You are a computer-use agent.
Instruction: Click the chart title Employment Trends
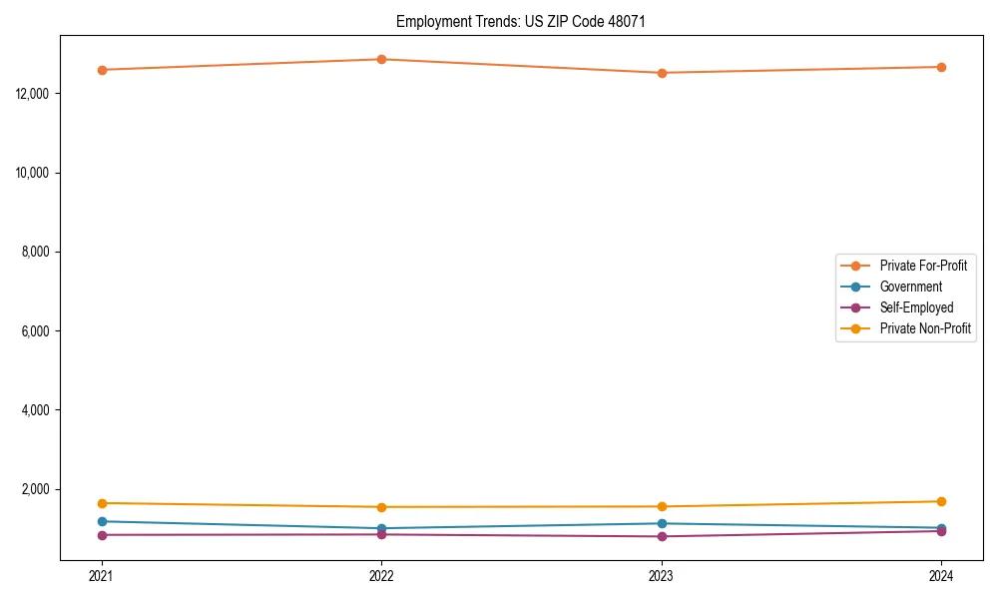(x=521, y=21)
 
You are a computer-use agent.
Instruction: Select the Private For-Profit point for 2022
(x=381, y=59)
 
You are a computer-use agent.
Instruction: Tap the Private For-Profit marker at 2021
(x=102, y=70)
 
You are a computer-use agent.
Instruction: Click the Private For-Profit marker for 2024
(x=941, y=67)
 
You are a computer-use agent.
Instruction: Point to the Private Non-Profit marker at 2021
(x=102, y=503)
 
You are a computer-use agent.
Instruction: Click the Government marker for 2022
(x=381, y=528)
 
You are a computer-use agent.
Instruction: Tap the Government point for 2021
(x=102, y=521)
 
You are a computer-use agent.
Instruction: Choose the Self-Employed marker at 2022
(x=381, y=534)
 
